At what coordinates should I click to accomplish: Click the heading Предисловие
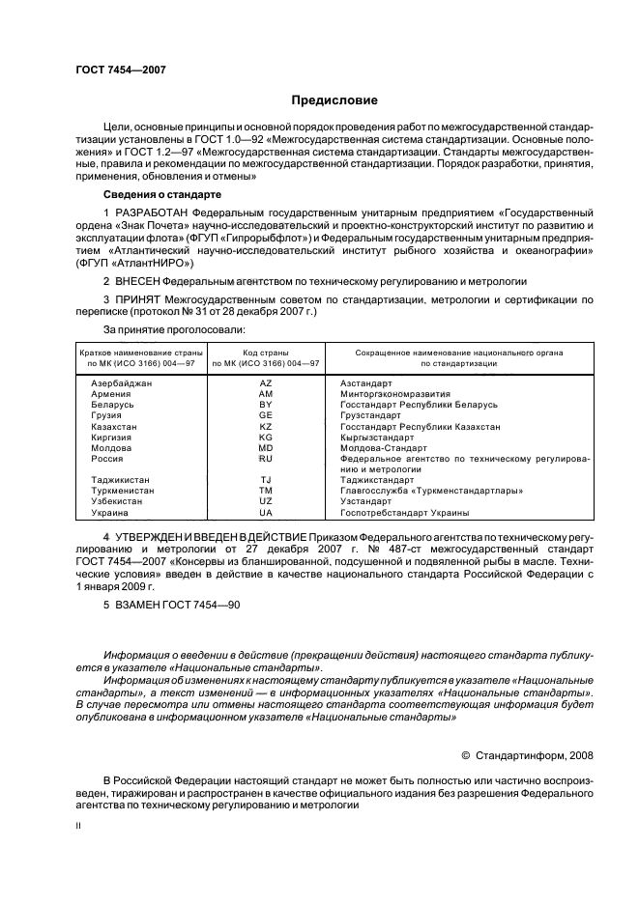(x=334, y=100)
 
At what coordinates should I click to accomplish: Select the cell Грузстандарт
(x=372, y=415)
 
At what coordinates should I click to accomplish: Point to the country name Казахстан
(x=113, y=426)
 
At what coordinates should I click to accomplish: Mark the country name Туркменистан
(x=122, y=491)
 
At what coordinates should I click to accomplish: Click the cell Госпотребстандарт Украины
(x=405, y=512)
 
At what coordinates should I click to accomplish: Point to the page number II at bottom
(x=79, y=826)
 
